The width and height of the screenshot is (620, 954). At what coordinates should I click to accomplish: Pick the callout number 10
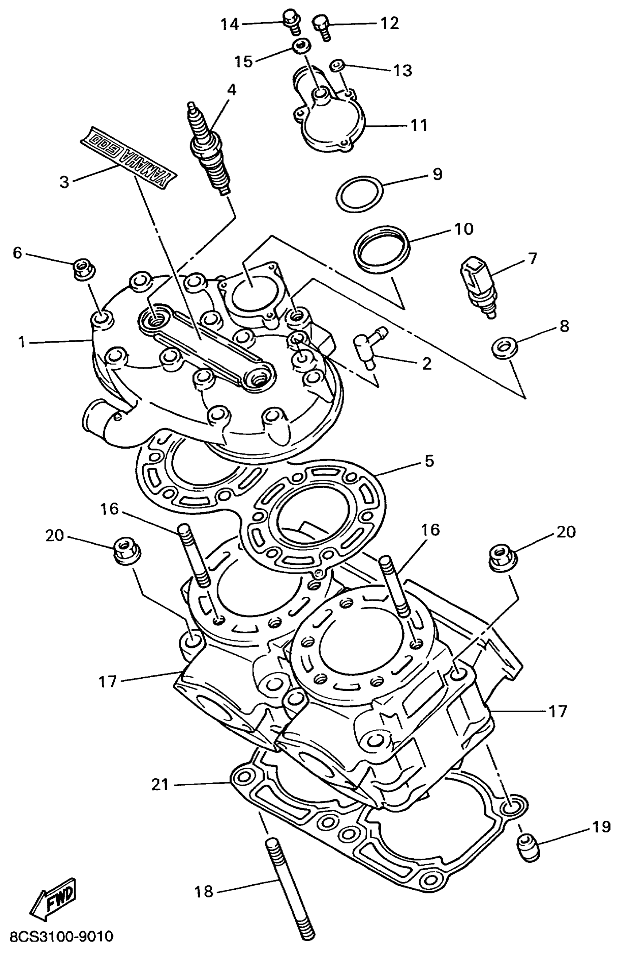(x=464, y=229)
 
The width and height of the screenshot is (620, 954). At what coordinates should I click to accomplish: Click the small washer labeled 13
(x=338, y=64)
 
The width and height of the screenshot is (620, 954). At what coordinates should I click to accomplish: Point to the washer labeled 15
(x=300, y=46)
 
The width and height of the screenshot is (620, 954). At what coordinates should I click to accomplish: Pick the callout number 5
(x=429, y=461)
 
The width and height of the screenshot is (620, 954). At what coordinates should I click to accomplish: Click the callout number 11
(x=419, y=125)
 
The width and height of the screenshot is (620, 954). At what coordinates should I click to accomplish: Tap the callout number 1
(x=22, y=342)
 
